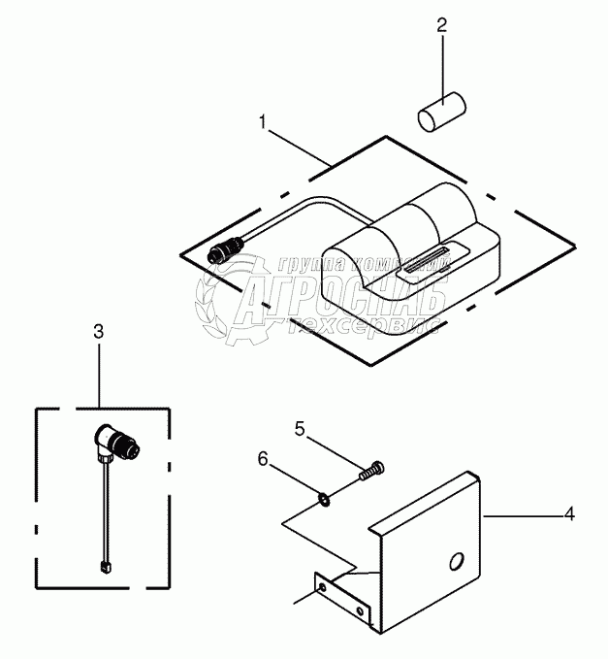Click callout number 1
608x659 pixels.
262,122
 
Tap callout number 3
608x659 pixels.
98,332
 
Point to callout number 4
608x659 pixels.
570,514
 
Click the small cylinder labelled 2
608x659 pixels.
437,110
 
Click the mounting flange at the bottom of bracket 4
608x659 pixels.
339,598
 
